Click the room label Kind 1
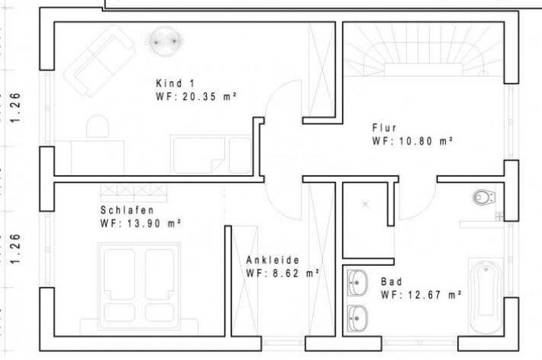click(x=175, y=83)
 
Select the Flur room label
click(x=384, y=128)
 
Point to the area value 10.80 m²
click(x=426, y=141)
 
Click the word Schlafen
click(x=127, y=210)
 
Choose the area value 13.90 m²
click(x=154, y=224)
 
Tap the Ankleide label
click(x=273, y=260)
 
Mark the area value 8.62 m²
click(x=296, y=274)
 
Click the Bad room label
click(x=392, y=282)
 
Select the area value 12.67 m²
click(x=435, y=295)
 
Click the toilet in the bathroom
click(x=484, y=197)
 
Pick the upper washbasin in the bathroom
click(x=357, y=283)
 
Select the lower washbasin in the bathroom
click(x=357, y=318)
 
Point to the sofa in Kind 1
click(x=99, y=61)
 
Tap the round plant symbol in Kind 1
click(x=164, y=42)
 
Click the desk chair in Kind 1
click(x=98, y=127)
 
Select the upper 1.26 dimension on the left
click(x=15, y=108)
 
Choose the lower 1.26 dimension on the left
click(x=15, y=249)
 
